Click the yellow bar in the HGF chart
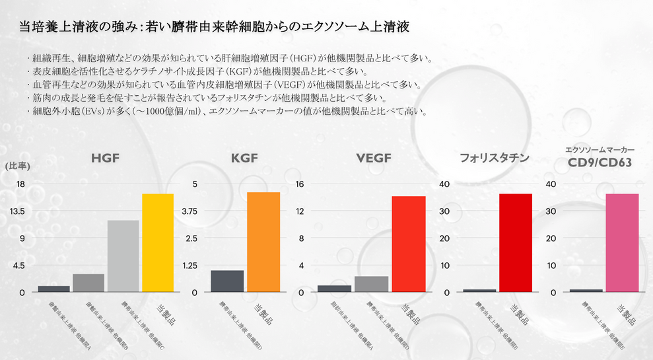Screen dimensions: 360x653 tap(158, 242)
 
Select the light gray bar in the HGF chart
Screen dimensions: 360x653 tap(123, 256)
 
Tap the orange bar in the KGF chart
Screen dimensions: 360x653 tap(263, 242)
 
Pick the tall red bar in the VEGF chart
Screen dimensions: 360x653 tap(409, 244)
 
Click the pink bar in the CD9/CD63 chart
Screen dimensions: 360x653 tap(622, 242)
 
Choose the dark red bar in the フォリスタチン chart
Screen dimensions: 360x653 tap(516, 242)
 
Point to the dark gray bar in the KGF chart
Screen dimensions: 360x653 tap(227, 281)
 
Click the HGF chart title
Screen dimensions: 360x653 tap(106, 159)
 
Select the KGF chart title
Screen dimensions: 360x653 tap(244, 159)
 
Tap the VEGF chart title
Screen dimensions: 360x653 tap(373, 159)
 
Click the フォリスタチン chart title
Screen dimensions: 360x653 tap(495, 159)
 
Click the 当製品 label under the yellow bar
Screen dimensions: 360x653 tap(163, 312)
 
